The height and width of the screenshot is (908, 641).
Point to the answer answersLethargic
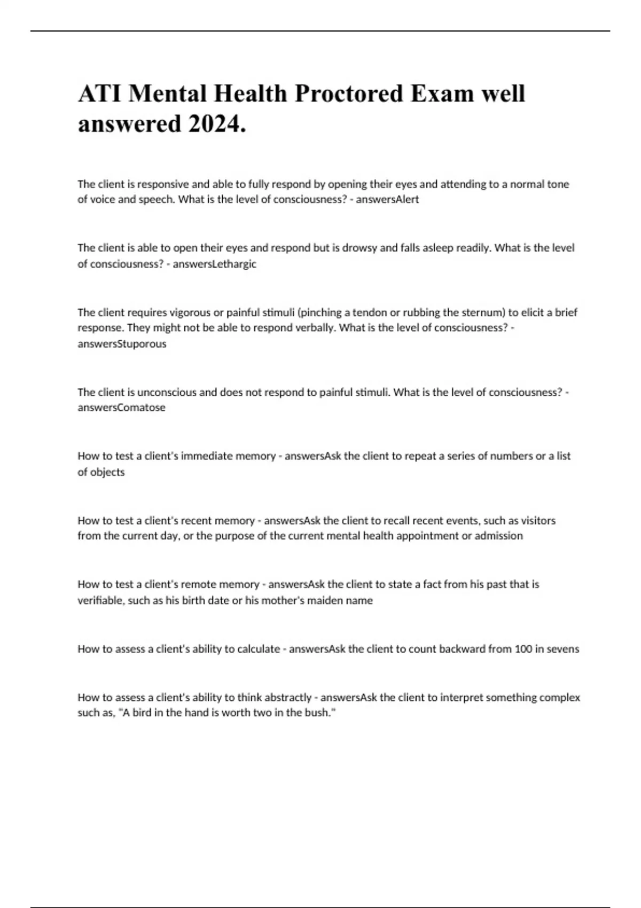pos(214,264)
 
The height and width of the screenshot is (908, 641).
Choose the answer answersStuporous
pos(122,344)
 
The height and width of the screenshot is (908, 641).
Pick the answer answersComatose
pos(121,408)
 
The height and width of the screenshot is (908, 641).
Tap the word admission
pos(498,536)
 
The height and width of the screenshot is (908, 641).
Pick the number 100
pos(523,649)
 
